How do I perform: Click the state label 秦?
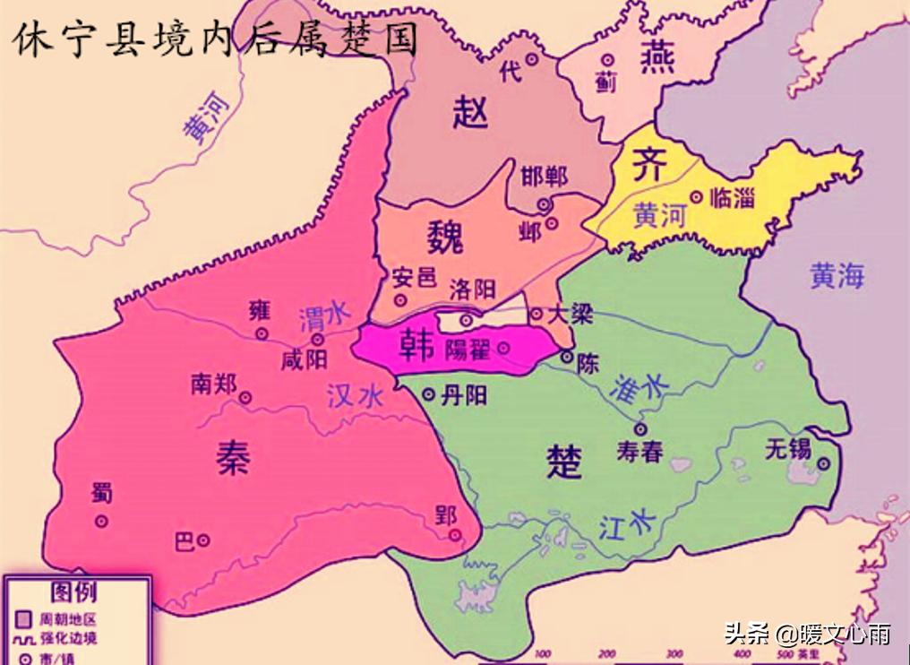click(233, 458)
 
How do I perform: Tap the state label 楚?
click(564, 462)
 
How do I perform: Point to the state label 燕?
click(657, 58)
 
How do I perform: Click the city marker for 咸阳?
click(317, 340)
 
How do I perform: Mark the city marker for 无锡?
click(822, 463)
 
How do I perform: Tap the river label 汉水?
click(355, 396)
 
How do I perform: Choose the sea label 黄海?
click(837, 276)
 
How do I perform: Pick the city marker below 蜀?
click(101, 520)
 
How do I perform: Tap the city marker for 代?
click(531, 59)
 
